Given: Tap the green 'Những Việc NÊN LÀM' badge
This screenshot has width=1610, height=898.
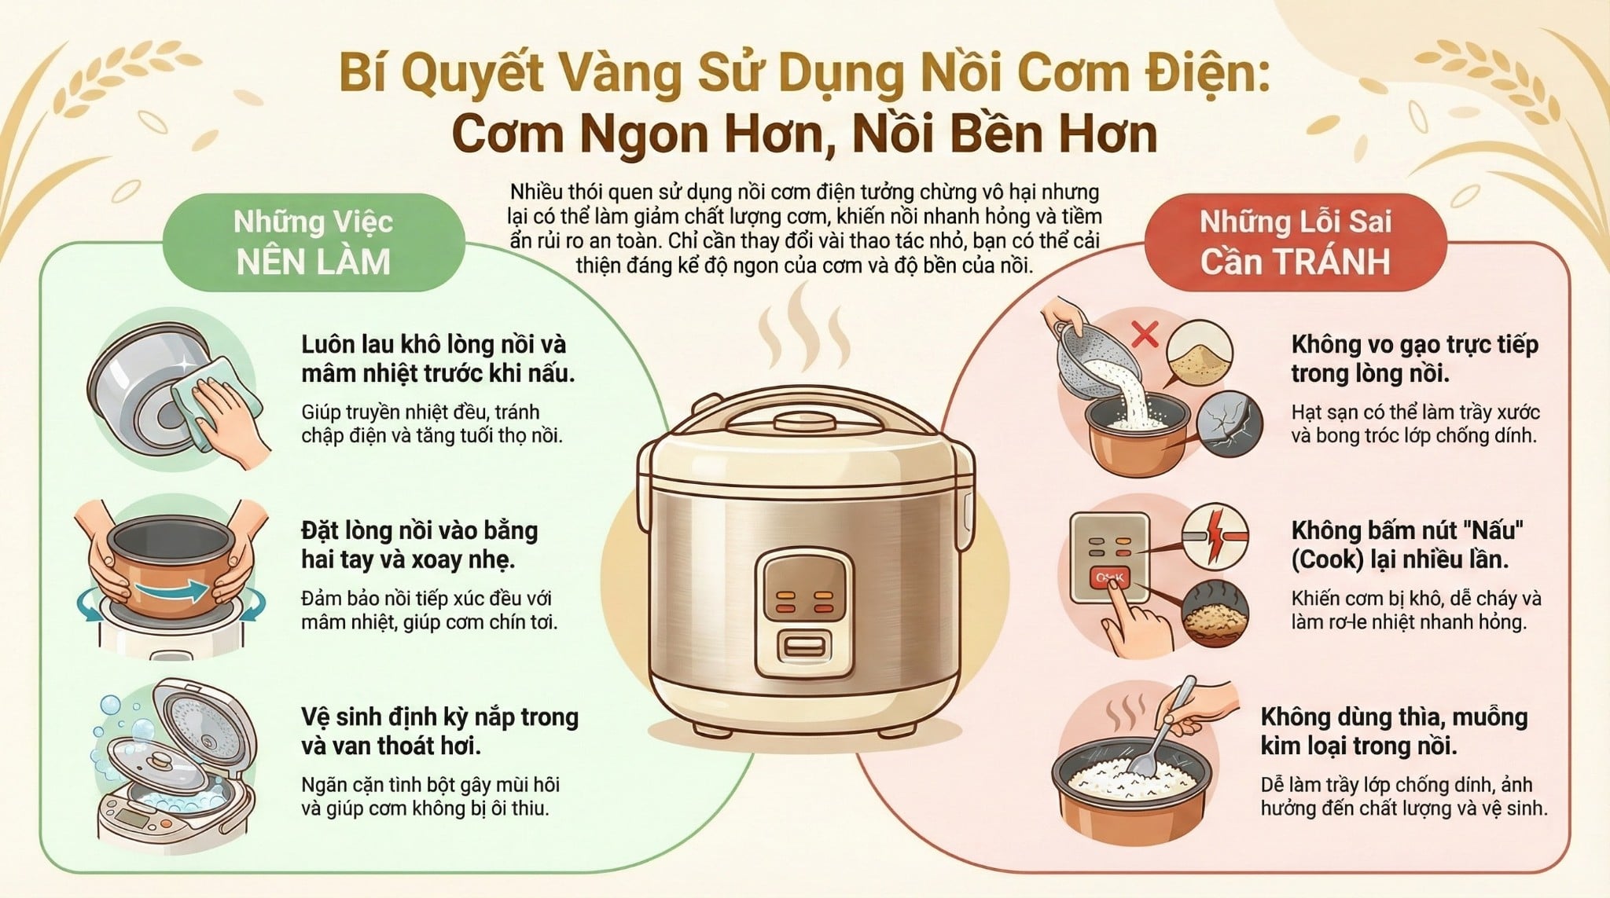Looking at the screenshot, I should [313, 242].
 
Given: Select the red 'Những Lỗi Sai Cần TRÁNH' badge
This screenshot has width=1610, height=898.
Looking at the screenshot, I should [1295, 242].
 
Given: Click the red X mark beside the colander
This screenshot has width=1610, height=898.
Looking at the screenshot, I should [1145, 334].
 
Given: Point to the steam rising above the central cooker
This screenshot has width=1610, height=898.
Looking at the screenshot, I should [804, 330].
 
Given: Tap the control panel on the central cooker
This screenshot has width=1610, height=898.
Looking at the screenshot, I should [804, 613].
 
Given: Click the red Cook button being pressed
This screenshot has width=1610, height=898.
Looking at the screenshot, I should [1108, 578].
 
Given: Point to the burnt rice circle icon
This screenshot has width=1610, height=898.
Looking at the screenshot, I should [1215, 614].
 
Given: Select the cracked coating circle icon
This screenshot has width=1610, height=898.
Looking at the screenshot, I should [1229, 424].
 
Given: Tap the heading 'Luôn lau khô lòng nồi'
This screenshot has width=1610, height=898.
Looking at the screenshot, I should [433, 344].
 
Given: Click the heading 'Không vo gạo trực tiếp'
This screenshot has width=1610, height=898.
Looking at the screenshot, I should [1413, 344].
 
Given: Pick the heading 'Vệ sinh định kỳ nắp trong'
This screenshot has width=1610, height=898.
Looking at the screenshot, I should [439, 717].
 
